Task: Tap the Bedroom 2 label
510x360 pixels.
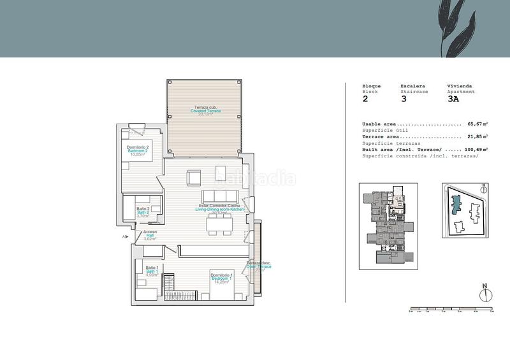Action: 138,150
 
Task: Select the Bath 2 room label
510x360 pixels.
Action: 143,212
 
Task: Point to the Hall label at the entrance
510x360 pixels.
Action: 150,235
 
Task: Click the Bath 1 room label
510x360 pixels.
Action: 151,271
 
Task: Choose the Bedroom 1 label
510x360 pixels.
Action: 222,277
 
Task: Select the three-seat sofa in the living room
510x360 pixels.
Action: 219,195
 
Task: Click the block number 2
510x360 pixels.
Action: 365,99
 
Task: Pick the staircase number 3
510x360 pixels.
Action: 403,99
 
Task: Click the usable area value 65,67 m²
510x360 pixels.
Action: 477,124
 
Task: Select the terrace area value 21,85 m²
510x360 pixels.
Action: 477,136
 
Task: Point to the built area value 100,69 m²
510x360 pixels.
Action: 476,149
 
